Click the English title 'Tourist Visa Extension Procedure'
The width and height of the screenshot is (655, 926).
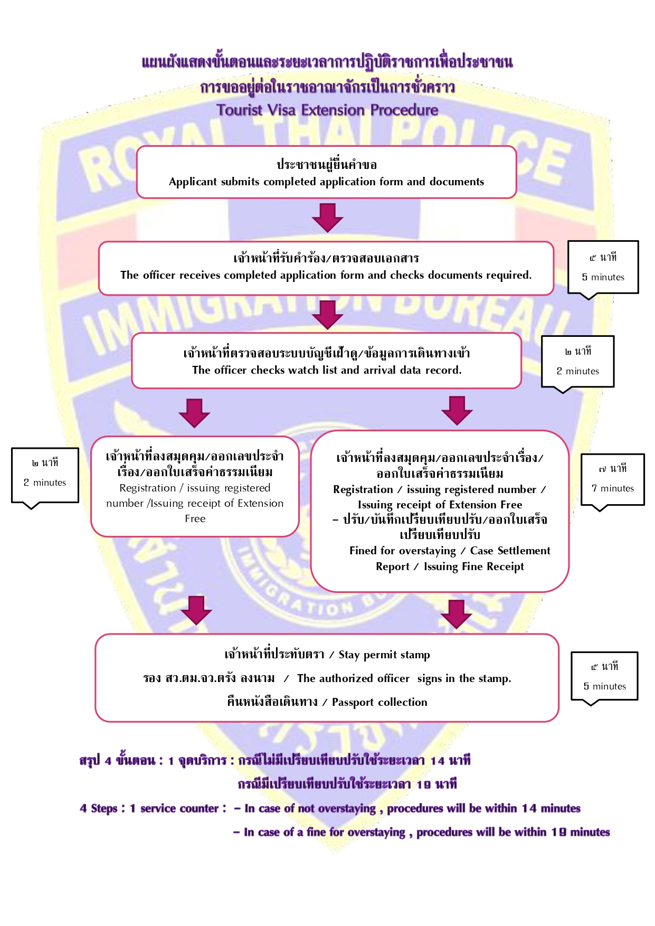327,110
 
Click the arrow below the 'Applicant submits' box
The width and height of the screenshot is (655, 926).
327,217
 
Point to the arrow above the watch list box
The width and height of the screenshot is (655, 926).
327,314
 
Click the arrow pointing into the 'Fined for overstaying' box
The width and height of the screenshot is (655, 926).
457,410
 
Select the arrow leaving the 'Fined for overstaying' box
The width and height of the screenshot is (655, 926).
456,613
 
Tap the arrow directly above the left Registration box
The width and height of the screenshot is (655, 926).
194,412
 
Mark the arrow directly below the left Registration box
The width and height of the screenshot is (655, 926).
196,610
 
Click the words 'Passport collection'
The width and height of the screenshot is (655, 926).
379,702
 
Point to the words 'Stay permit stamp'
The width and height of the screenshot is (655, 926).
384,655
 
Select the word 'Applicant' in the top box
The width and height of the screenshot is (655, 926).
193,182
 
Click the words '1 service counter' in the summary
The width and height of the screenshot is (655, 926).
174,808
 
